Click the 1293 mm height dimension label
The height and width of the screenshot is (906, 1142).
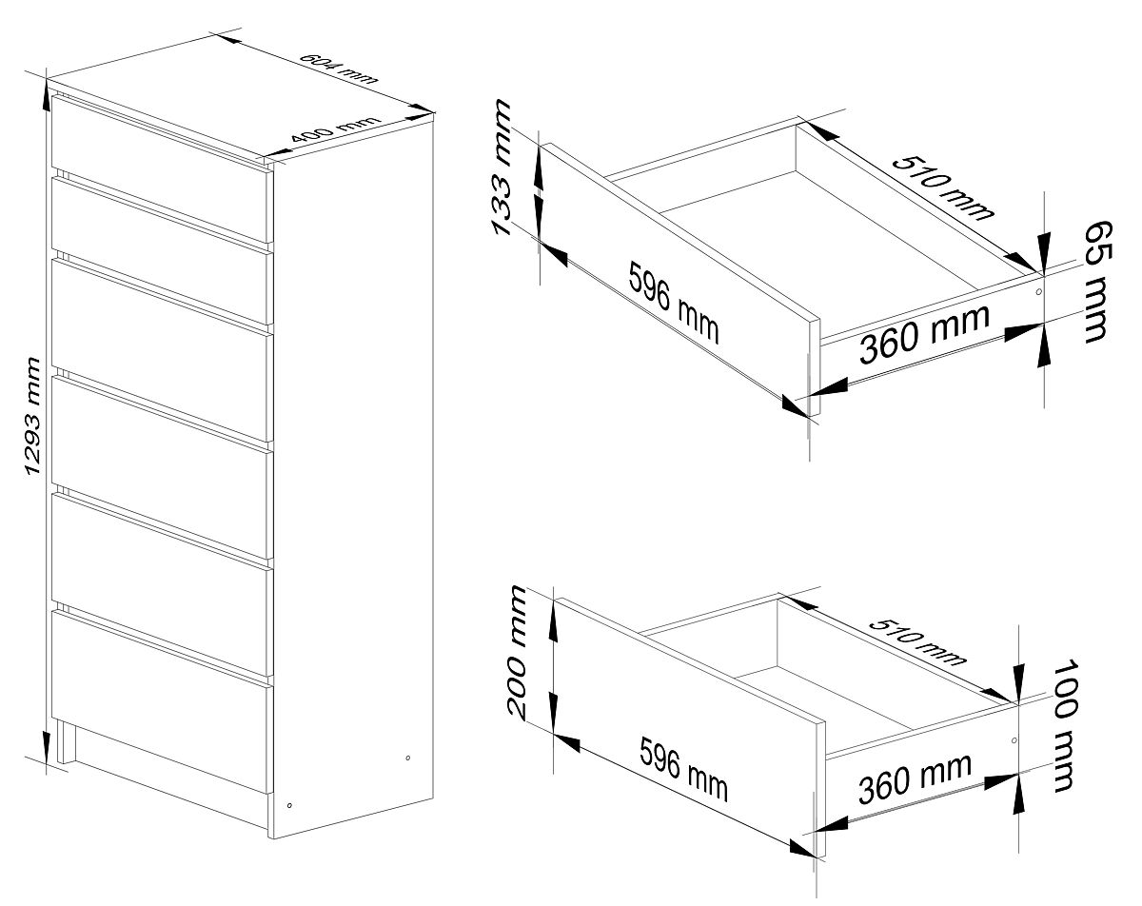pos(33,416)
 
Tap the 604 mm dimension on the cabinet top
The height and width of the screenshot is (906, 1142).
pos(339,69)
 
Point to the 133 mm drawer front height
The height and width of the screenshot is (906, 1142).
pos(502,167)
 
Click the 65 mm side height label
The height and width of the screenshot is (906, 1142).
pos(1096,282)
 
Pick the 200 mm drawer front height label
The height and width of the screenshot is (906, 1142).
pos(518,652)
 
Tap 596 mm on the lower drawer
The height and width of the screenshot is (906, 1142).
pos(683,769)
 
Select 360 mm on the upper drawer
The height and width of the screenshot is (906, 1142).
pos(924,334)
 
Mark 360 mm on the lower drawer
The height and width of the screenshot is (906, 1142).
pos(915,778)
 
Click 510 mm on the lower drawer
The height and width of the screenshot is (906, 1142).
pos(917,641)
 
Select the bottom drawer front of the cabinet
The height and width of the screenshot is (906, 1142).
pos(159,702)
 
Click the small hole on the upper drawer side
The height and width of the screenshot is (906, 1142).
pos(1038,291)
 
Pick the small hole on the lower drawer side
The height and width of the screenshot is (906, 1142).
pos(1014,739)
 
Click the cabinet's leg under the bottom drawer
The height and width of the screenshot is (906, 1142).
pos(65,742)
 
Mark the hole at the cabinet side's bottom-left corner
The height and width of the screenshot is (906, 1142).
pos(289,805)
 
